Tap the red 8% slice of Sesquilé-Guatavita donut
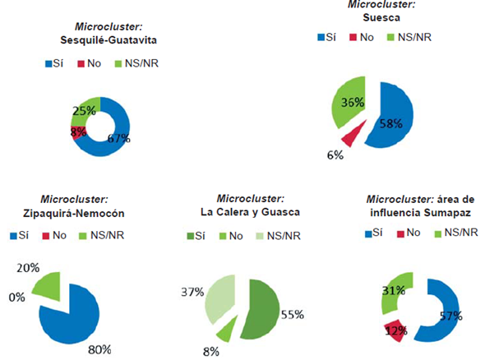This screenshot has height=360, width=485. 77,131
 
